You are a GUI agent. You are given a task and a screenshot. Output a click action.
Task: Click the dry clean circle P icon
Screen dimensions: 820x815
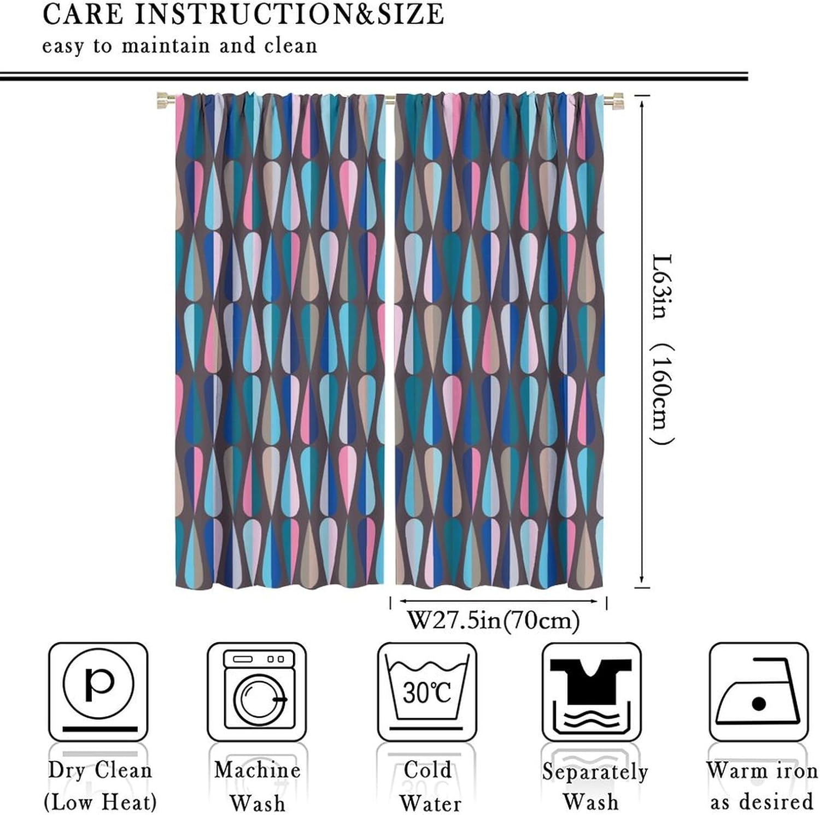[98, 692]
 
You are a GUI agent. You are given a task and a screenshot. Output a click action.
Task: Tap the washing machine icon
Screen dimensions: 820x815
[257, 692]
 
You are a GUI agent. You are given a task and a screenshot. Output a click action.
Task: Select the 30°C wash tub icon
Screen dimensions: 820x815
[427, 692]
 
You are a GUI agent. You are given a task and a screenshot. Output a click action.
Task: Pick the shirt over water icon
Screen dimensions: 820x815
[591, 692]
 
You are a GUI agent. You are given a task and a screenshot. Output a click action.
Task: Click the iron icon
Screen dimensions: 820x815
[758, 692]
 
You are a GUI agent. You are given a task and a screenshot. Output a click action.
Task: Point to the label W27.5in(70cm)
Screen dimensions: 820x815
[493, 621]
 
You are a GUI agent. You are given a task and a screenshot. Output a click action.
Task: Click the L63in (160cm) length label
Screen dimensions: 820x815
[663, 350]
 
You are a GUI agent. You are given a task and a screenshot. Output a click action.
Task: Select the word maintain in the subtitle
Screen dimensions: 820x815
[165, 45]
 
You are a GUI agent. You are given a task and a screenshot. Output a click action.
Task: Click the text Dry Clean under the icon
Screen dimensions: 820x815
[99, 770]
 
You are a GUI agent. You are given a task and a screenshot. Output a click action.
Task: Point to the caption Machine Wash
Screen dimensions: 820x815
[257, 786]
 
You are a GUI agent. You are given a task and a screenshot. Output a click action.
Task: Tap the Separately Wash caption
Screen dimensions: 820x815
[594, 787]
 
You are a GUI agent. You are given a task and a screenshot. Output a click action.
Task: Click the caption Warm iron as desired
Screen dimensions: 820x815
[762, 786]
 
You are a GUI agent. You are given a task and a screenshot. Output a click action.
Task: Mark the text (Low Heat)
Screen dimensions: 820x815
[100, 802]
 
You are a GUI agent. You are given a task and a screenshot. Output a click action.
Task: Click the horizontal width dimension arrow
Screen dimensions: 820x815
[498, 601]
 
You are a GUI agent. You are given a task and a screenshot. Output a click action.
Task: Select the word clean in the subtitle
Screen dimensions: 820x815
[290, 45]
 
